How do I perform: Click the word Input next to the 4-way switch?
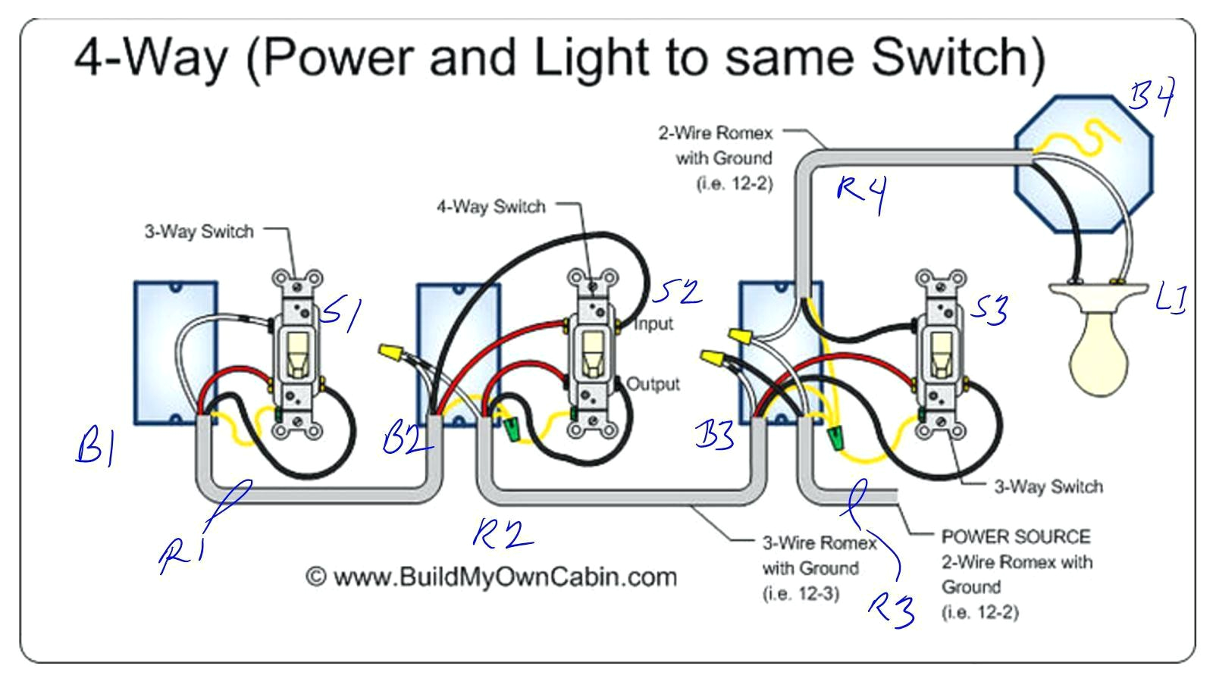[x=653, y=324]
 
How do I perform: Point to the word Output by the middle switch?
[x=653, y=384]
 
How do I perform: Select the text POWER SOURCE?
[x=1016, y=537]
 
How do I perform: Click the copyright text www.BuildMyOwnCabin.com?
[x=491, y=577]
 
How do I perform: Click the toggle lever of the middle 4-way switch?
[x=589, y=355]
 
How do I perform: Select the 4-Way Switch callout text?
[x=490, y=207]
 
